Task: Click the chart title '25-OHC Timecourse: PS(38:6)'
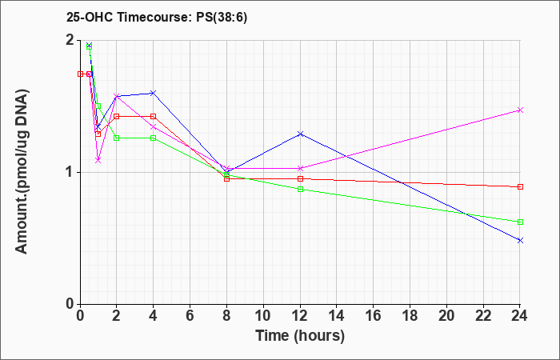tap(157, 17)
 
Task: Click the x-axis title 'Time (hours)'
tap(300, 336)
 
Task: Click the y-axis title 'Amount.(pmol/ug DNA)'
tap(22, 171)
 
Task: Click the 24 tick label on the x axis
tap(520, 316)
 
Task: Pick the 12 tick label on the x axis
tap(300, 316)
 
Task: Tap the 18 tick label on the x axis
tap(410, 316)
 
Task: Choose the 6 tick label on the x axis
tap(190, 316)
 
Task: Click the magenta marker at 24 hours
tap(520, 110)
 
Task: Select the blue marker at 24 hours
tap(520, 240)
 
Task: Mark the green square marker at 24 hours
tap(520, 222)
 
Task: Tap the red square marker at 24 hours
tap(520, 186)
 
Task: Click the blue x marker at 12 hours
tap(300, 134)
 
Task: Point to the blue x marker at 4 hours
tap(154, 93)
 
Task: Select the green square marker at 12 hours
tap(300, 189)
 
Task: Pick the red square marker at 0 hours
tap(80, 74)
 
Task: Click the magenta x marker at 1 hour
tap(98, 160)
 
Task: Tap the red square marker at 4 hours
tap(154, 117)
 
